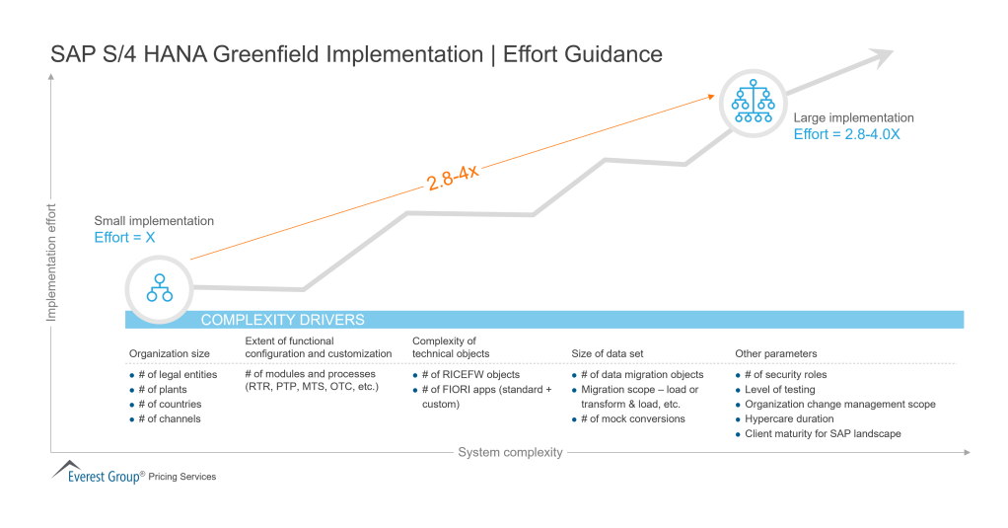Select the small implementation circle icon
click(x=159, y=287)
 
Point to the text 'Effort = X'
click(x=124, y=238)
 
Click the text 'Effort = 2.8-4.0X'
click(x=846, y=134)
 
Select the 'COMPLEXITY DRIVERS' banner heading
click(x=282, y=320)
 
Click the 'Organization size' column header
click(x=169, y=353)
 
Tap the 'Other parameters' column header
click(x=775, y=353)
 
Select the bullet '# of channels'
click(x=169, y=418)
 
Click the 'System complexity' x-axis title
click(x=510, y=452)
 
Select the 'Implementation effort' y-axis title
click(x=51, y=262)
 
